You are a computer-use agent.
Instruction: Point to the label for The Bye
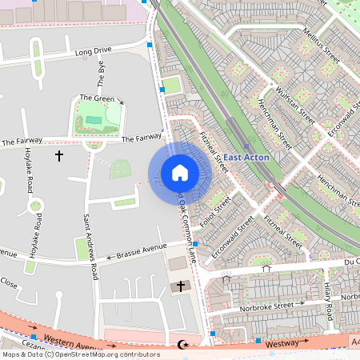point(102,74)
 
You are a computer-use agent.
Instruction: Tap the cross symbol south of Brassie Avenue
point(180,286)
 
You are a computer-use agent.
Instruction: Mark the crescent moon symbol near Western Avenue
point(180,346)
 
